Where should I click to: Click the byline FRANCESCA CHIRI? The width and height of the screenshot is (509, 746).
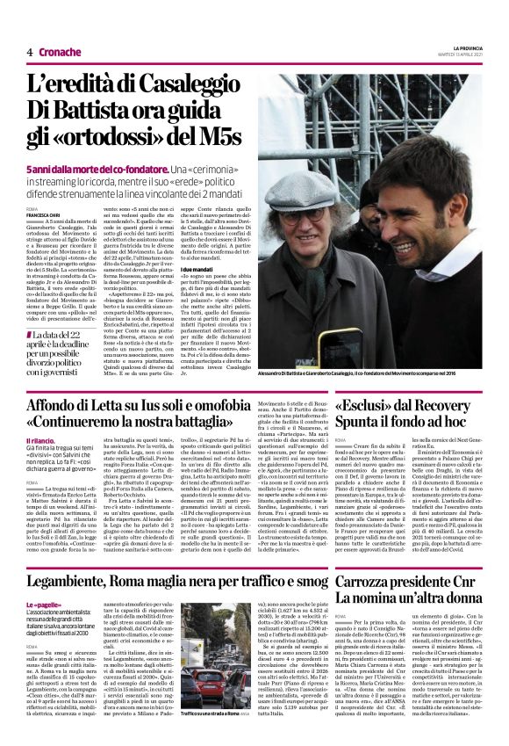(x=43, y=214)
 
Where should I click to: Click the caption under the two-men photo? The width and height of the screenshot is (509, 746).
(x=369, y=373)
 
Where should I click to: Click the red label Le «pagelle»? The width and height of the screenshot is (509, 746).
(x=44, y=581)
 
